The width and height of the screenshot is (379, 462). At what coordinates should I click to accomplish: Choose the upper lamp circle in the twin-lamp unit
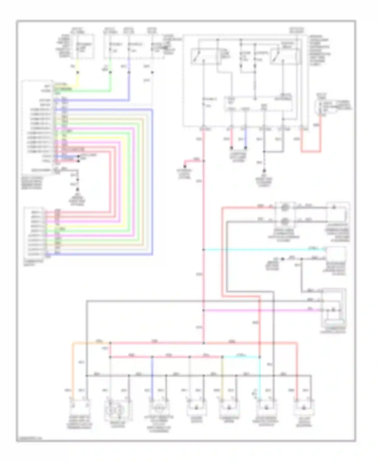click(285, 207)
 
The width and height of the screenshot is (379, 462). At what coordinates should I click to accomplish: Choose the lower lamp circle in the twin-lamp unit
click(285, 221)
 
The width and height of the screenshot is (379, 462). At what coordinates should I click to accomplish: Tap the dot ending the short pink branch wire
click(185, 166)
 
